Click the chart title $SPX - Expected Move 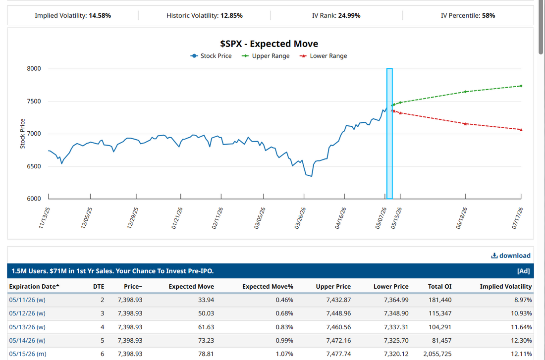coord(269,44)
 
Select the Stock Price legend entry coord(211,56)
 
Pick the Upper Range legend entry coord(266,56)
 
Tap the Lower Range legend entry coord(323,56)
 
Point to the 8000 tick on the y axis coord(34,68)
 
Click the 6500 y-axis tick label coord(34,166)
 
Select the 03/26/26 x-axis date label coord(300,218)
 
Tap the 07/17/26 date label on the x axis coord(518,218)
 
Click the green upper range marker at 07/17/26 coord(521,86)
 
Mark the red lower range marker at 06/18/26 coord(465,124)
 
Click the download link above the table coord(511,256)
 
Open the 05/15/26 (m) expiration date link coord(27,354)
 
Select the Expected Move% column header coord(268,287)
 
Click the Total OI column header coord(439,287)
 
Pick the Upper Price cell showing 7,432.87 coord(338,300)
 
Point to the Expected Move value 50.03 coord(206,313)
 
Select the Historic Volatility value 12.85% coord(231,16)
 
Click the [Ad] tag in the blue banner coord(524,271)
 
